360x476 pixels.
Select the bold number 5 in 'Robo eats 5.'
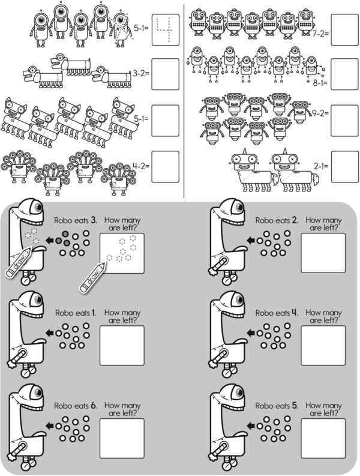point(295,406)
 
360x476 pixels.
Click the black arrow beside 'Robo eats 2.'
point(250,241)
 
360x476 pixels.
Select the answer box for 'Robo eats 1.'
point(123,346)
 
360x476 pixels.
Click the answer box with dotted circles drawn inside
point(123,253)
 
